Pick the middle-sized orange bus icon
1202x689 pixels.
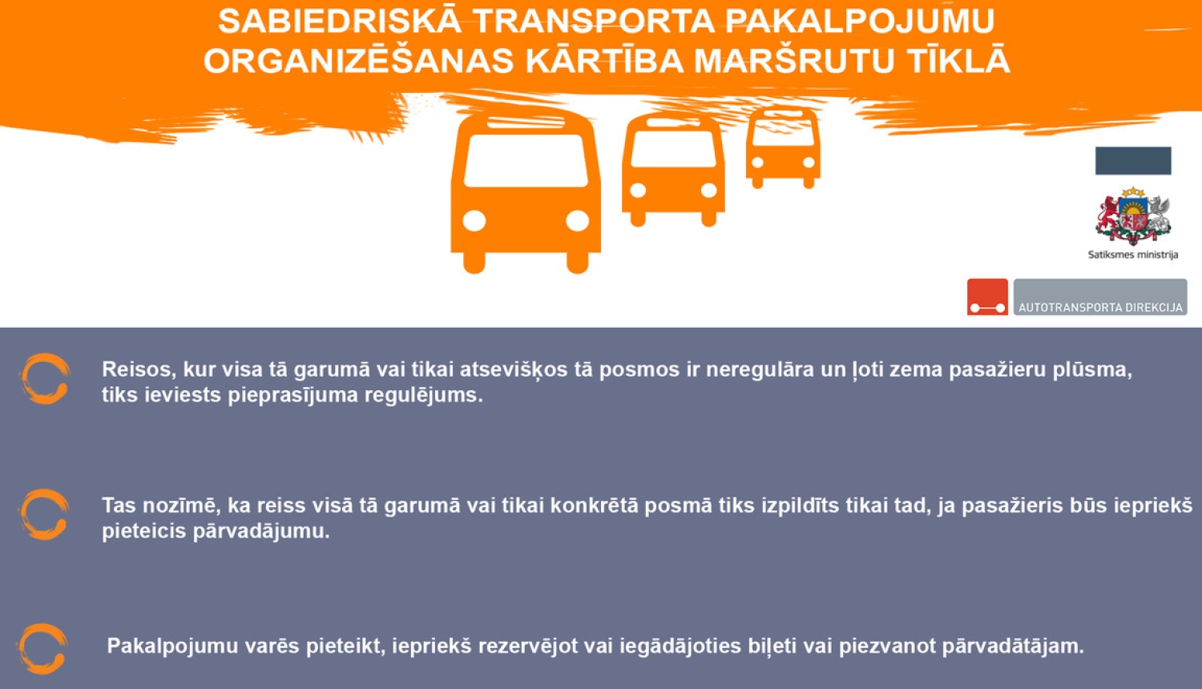click(x=673, y=168)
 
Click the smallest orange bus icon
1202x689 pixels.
click(x=783, y=148)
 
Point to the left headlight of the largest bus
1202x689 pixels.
click(x=474, y=220)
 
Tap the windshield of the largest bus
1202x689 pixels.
click(x=526, y=160)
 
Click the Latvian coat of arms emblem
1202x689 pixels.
click(x=1133, y=216)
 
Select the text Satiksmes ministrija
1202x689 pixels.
click(x=1132, y=255)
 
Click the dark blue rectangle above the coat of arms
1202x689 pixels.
click(x=1133, y=160)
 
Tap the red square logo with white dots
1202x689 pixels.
click(x=987, y=296)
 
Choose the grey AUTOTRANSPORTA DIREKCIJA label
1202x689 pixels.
click(x=1100, y=297)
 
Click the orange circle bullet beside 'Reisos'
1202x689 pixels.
click(x=45, y=378)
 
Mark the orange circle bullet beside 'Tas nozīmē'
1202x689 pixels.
click(x=45, y=514)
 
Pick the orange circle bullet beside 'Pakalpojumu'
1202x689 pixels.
click(x=42, y=647)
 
